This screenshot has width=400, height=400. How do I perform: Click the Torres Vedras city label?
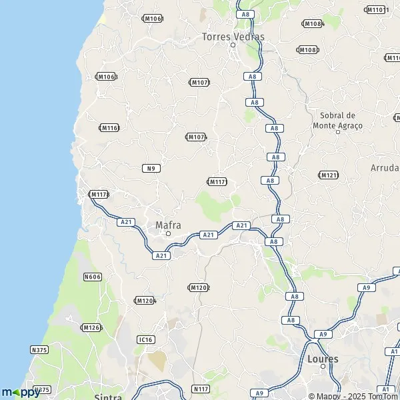(x=233, y=37)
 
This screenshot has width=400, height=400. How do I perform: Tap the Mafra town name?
(x=168, y=225)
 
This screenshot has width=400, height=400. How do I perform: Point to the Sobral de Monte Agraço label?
(x=337, y=120)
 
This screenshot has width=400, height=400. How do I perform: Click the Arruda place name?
(x=385, y=168)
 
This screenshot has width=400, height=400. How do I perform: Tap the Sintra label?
(x=108, y=397)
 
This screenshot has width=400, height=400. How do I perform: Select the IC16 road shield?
(x=145, y=339)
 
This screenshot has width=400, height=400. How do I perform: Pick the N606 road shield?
(x=93, y=276)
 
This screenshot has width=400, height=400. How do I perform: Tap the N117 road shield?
(x=201, y=389)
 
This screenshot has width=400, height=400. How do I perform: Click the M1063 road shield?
(x=107, y=77)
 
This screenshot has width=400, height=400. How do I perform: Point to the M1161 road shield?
(x=109, y=127)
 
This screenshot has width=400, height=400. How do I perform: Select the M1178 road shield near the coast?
(x=99, y=194)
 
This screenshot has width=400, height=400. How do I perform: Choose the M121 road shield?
(x=329, y=175)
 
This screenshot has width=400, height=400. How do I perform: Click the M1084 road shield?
(x=312, y=23)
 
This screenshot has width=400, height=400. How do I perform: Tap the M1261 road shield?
(x=91, y=327)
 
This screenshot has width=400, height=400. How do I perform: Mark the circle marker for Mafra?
(x=168, y=234)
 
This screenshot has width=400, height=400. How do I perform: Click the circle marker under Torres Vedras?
(x=233, y=45)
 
